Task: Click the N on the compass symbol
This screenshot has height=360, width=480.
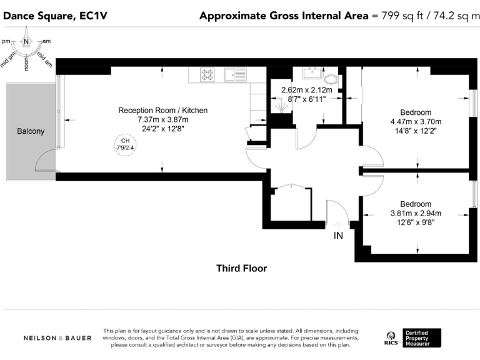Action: coord(26,41)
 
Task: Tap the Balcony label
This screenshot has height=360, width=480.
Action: coord(31,131)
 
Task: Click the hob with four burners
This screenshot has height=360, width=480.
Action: coord(207,75)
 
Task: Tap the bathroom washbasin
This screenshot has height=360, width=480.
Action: coord(310,74)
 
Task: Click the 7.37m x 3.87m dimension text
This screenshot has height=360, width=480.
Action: coord(162,119)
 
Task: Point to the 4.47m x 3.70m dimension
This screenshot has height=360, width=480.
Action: coord(416,122)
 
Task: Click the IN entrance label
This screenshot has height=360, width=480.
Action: coord(338,236)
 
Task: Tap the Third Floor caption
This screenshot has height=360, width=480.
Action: coord(241,269)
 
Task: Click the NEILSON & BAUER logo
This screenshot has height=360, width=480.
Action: coord(57,338)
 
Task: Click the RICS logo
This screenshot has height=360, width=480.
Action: coord(391,338)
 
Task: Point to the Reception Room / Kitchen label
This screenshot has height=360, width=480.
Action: coord(162,111)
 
